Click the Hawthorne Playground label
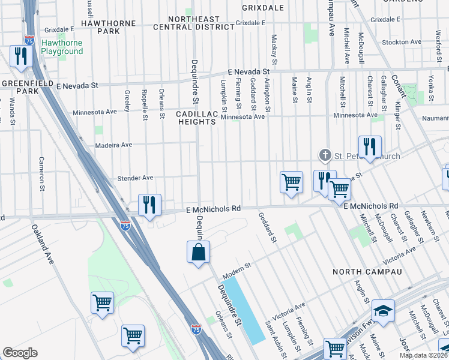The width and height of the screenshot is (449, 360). (x=62, y=47)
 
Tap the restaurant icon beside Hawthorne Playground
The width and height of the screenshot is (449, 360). (x=21, y=56)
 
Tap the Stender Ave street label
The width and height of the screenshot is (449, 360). (x=136, y=178)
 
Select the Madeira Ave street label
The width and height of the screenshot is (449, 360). (x=113, y=145)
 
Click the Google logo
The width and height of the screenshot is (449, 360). (x=20, y=353)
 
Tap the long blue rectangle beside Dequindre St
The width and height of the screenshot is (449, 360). (x=247, y=310)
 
